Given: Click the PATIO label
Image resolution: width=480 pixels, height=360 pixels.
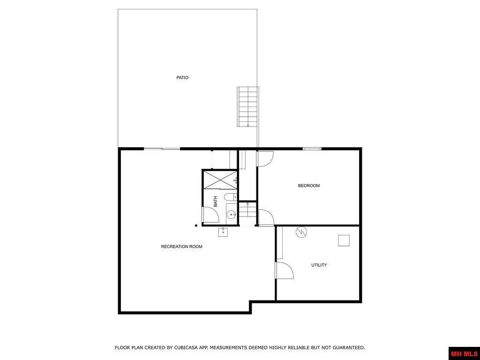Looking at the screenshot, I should (x=182, y=78).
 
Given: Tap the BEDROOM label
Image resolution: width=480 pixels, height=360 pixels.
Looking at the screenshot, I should (x=309, y=186).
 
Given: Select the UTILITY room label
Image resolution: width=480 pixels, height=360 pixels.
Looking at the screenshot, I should (x=319, y=265).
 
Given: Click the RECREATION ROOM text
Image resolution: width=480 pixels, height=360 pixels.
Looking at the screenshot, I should (x=182, y=247).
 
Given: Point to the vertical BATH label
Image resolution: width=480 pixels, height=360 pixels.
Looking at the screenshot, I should (x=216, y=202).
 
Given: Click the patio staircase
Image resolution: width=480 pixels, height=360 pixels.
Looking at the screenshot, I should (x=247, y=107).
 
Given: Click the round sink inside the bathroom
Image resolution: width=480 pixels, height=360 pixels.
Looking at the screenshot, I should (x=231, y=215).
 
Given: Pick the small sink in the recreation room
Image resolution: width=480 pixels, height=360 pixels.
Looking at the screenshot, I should (x=223, y=232).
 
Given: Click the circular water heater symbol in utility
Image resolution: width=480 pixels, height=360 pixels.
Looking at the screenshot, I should (x=301, y=232).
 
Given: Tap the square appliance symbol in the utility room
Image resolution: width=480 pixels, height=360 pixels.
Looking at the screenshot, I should (x=344, y=240).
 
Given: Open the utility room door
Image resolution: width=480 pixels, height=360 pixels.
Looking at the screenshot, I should (x=284, y=270).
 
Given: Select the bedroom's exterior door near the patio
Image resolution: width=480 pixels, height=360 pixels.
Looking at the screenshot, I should (x=264, y=159).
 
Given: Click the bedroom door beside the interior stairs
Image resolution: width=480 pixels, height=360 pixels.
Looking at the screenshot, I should (x=266, y=217).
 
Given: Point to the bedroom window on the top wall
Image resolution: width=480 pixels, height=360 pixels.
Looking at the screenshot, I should (x=312, y=149).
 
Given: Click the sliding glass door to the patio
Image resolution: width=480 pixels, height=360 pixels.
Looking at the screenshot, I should (x=162, y=149).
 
